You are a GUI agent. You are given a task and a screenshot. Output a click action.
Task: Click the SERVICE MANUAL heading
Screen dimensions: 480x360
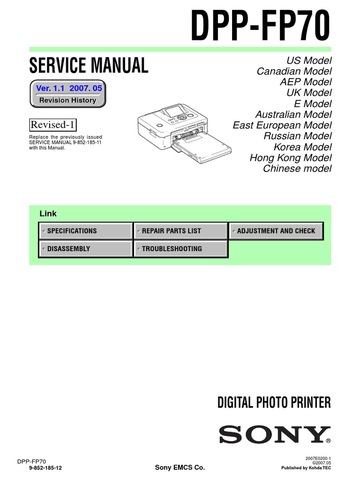89,65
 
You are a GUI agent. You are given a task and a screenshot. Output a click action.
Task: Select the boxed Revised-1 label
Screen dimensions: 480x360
53,125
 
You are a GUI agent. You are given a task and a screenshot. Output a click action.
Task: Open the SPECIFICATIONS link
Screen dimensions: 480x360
86,231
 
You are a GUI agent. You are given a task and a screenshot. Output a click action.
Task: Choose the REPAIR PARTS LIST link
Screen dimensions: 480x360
180,231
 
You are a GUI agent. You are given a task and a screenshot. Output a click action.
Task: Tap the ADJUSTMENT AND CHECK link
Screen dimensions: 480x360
276,231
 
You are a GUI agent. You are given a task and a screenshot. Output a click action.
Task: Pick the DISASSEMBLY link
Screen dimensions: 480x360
86,249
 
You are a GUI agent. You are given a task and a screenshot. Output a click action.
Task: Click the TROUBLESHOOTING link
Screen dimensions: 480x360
180,249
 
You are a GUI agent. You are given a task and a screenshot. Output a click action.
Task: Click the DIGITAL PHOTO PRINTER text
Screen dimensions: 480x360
274,402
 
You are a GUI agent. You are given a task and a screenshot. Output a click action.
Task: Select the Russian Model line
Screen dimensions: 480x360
297,136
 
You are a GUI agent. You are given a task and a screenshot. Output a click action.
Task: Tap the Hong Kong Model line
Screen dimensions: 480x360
290,157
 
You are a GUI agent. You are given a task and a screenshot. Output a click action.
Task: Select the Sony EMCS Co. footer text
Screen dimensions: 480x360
180,468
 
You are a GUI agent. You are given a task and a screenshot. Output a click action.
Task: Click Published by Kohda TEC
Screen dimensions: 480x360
306,468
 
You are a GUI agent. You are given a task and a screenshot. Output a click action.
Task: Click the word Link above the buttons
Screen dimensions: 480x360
48,214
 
